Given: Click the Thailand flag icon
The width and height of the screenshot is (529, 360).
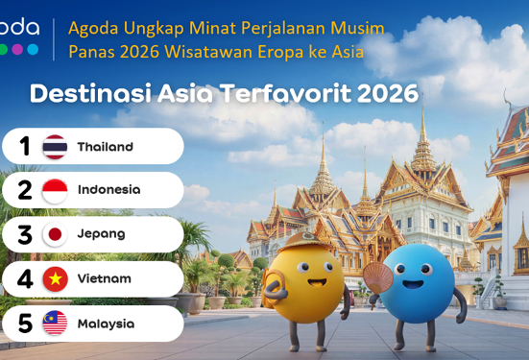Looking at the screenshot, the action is click(x=55, y=147).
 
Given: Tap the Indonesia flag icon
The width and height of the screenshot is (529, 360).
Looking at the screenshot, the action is click(x=55, y=191).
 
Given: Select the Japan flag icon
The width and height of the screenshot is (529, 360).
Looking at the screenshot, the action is click(x=55, y=234).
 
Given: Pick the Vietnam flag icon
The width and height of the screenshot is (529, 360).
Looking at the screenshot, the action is click(x=56, y=278).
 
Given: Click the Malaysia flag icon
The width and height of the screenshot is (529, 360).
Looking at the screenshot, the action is click(x=55, y=323).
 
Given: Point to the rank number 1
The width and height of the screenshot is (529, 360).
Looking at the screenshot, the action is click(x=25, y=147).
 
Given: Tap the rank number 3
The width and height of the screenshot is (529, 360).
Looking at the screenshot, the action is click(x=25, y=235).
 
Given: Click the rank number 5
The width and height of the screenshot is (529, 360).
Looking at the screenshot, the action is click(x=25, y=324).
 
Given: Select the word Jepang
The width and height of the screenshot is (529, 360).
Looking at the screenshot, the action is click(x=101, y=234).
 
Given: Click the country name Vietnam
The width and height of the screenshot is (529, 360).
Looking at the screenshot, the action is click(x=105, y=278).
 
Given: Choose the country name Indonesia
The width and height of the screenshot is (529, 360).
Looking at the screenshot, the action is click(x=109, y=190).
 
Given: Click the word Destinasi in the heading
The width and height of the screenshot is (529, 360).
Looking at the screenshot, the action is click(x=91, y=93).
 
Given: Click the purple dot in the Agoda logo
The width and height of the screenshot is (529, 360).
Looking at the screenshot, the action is click(x=17, y=49).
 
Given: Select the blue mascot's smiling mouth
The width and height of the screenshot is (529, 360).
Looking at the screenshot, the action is click(x=413, y=284).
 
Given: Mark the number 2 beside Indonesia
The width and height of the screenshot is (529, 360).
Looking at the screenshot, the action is click(x=25, y=190).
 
